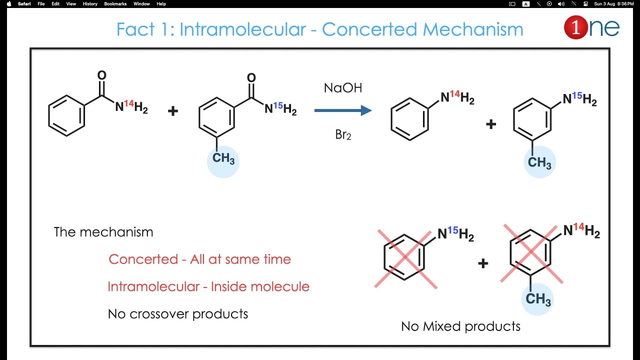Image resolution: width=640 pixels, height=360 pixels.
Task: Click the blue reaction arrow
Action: pos(343,110)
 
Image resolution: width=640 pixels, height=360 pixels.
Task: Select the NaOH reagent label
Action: pos(343,88)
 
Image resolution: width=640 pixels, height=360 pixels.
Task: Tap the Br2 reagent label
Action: pos(343,135)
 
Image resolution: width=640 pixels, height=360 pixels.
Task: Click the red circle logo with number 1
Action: pos(575,28)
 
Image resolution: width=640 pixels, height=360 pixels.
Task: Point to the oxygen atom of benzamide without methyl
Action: pos(101,75)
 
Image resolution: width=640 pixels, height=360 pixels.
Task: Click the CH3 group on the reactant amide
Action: pos(223,159)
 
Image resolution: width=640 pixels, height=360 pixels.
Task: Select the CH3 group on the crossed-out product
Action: pos(538,299)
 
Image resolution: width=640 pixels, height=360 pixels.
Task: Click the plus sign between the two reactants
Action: pos(173,111)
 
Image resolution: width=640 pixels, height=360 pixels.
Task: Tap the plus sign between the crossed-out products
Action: pos(483,263)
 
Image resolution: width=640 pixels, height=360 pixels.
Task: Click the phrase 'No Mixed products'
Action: pos(460,326)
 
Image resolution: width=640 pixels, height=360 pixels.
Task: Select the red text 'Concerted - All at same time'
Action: pos(199,259)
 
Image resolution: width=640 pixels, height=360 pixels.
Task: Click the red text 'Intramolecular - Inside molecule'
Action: pos(208,287)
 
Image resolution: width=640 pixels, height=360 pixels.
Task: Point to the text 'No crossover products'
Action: pos(178,314)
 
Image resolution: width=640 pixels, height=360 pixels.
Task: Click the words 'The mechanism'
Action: pos(103,232)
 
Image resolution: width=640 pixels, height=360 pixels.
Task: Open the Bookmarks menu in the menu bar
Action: pos(115,4)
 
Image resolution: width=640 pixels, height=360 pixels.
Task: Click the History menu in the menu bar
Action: pos(90,4)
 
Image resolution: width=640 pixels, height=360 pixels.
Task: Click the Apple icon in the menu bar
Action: pos(8,4)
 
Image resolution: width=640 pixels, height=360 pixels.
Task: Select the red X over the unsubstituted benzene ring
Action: pos(405,258)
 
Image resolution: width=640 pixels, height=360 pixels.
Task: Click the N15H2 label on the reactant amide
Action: pos(280,108)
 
